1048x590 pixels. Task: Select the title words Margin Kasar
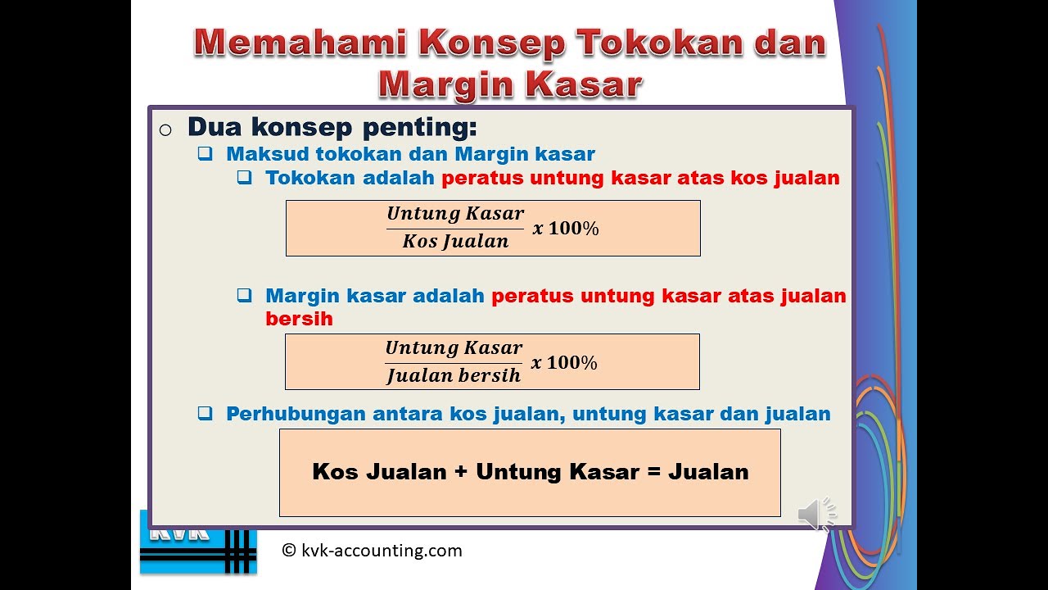tap(509, 84)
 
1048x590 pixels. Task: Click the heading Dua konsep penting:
tap(332, 127)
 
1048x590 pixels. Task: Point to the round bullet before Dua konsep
tap(165, 130)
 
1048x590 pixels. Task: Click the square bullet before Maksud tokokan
tap(206, 153)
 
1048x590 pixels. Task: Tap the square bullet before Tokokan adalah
tap(245, 177)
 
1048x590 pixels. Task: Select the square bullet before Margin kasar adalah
tap(245, 296)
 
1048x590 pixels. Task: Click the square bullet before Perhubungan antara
tap(206, 414)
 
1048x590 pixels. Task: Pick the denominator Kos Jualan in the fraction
tap(455, 242)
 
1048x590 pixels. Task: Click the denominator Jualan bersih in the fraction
tap(453, 376)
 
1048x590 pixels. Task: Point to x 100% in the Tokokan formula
tap(566, 229)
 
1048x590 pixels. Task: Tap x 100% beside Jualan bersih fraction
tap(564, 363)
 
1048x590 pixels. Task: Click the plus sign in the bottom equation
tap(461, 472)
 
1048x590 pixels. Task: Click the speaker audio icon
tap(815, 514)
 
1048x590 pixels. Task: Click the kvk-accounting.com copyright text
tap(372, 551)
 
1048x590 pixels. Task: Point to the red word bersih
tap(299, 319)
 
